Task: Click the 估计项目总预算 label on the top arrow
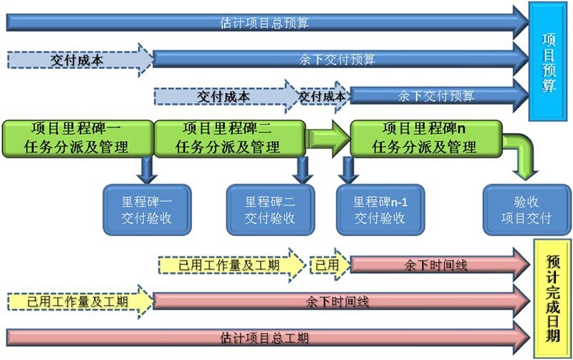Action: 265,22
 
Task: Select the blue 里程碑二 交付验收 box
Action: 270,210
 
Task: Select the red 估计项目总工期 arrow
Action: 265,337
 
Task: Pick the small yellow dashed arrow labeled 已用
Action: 328,265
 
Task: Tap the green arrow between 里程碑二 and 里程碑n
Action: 327,138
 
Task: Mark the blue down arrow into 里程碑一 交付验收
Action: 147,170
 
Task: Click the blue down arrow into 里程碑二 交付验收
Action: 303,170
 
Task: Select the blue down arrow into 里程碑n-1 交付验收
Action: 349,170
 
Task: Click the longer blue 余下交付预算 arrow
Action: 337,59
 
